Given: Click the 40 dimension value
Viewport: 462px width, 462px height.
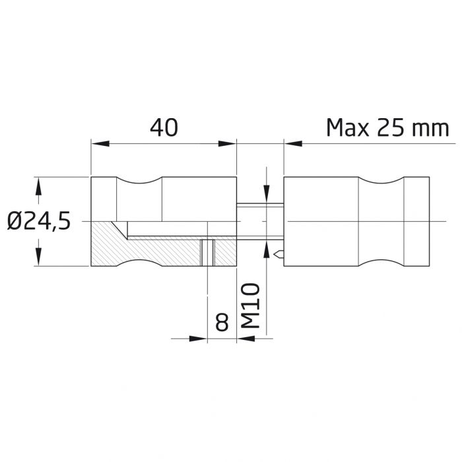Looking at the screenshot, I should click(x=164, y=127).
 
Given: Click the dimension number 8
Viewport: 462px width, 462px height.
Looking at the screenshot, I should click(x=222, y=323).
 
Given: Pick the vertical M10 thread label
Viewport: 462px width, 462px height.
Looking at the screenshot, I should click(x=249, y=308).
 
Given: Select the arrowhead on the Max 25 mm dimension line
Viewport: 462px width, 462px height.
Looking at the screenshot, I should click(x=292, y=142).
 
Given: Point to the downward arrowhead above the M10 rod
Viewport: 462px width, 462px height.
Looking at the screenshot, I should click(x=265, y=193).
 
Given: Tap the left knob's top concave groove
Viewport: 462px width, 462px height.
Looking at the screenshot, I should click(x=139, y=181).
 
